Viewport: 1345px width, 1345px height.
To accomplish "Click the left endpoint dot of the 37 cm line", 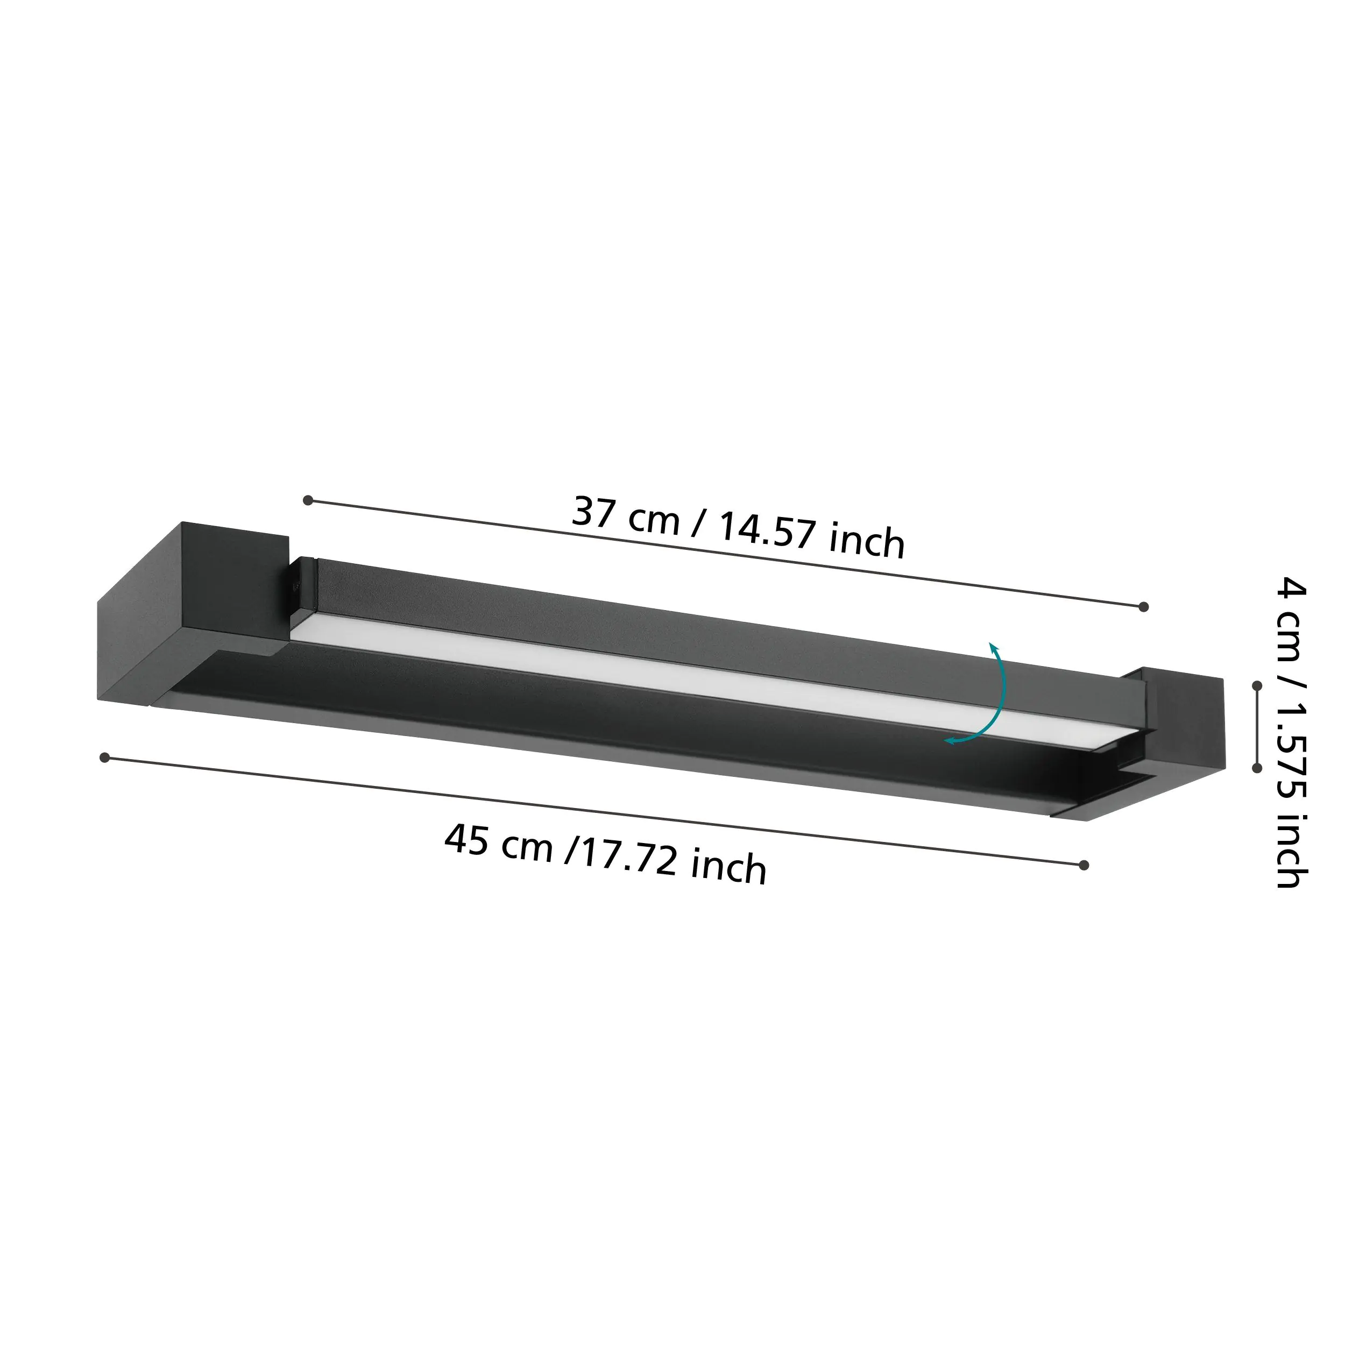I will pyautogui.click(x=308, y=500).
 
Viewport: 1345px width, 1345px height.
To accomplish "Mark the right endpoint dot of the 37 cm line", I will pyautogui.click(x=1143, y=607).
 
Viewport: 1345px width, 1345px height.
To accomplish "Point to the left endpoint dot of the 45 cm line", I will pyautogui.click(x=104, y=758).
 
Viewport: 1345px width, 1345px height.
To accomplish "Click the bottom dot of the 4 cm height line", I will pyautogui.click(x=1257, y=768).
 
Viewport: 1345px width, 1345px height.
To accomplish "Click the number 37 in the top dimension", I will pyautogui.click(x=592, y=512).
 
